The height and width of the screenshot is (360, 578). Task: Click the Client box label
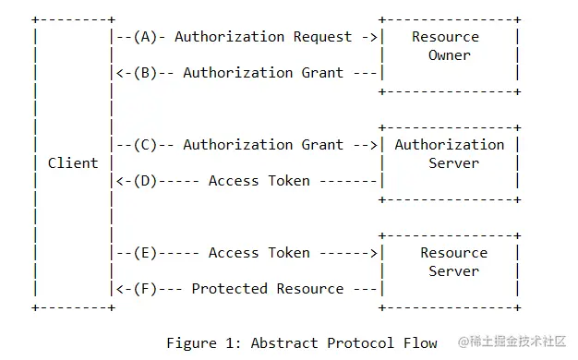click(73, 163)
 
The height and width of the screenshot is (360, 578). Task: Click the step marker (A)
click(147, 37)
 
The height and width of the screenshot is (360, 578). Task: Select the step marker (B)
click(147, 73)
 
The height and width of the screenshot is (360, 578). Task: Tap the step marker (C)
click(147, 145)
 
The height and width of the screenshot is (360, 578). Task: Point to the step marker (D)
click(147, 181)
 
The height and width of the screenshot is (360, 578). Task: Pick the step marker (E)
click(147, 253)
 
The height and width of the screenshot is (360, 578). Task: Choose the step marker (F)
click(147, 289)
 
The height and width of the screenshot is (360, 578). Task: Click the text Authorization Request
click(263, 37)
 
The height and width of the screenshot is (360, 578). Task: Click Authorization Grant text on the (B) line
click(263, 73)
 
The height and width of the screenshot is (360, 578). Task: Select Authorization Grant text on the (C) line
click(263, 145)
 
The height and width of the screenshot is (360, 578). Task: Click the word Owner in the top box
click(450, 55)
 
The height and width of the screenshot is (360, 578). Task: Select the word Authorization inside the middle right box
click(450, 145)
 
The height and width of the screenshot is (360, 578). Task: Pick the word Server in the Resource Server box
click(453, 271)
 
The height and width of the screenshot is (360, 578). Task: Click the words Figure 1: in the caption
click(204, 343)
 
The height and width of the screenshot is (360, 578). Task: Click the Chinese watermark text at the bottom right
click(508, 342)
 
